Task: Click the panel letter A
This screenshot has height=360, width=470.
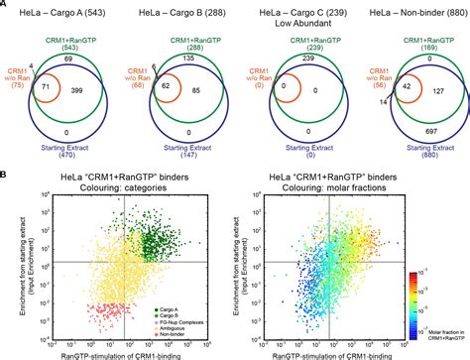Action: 6,7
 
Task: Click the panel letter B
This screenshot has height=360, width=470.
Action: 6,174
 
